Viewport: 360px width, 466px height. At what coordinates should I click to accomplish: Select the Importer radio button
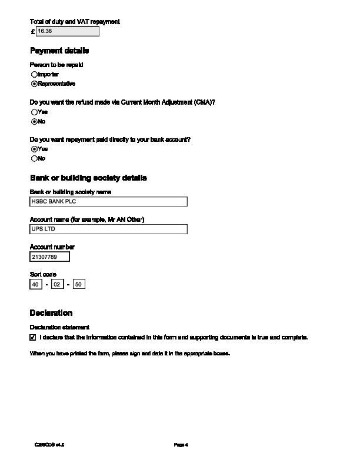tap(34, 75)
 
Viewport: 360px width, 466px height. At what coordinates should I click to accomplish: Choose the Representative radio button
tap(34, 84)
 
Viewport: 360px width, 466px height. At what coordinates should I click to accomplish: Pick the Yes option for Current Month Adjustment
tap(34, 112)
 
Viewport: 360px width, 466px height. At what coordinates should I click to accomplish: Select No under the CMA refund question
tap(34, 122)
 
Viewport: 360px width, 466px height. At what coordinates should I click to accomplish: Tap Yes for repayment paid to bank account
tap(34, 149)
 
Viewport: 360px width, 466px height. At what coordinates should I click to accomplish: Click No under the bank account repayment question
tap(34, 159)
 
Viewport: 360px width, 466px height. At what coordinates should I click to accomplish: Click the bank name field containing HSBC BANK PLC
tap(108, 202)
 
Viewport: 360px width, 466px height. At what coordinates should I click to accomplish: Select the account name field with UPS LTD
tap(108, 229)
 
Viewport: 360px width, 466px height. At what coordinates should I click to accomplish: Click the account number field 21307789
tap(49, 257)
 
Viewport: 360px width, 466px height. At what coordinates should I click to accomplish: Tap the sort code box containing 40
tap(36, 285)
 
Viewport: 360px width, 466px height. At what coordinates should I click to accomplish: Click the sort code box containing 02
tap(57, 285)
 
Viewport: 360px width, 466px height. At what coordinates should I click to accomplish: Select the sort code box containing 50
tap(79, 285)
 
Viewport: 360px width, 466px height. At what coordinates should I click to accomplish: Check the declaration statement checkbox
tap(33, 338)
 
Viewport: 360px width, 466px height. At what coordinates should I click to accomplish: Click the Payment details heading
tap(59, 51)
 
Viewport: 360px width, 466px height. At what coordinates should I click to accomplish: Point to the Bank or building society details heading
tap(88, 178)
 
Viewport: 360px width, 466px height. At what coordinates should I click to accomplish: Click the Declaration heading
tap(51, 313)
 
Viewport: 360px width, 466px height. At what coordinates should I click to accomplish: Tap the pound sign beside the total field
tap(32, 31)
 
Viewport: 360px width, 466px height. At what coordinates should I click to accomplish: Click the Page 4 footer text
tap(181, 445)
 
